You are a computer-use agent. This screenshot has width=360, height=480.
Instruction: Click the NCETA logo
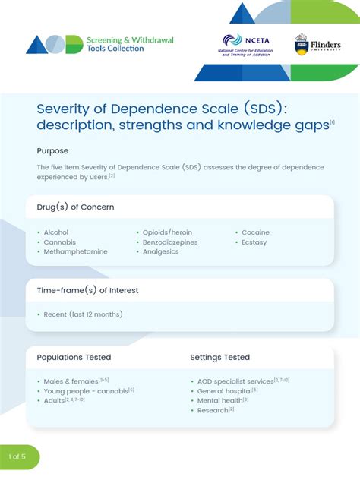tap(242, 46)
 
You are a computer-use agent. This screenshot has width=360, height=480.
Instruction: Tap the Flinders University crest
tap(302, 44)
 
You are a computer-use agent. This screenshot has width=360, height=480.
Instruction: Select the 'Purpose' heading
tap(52, 150)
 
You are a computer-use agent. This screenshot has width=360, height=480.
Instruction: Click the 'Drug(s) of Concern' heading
tap(75, 207)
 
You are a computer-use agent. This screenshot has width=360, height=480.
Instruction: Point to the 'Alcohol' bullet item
tap(55, 232)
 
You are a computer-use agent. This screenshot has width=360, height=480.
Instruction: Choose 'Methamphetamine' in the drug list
tap(75, 251)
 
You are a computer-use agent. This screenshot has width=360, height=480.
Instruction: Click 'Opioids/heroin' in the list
tap(167, 232)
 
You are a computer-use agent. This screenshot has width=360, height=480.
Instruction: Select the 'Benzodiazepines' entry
tap(170, 242)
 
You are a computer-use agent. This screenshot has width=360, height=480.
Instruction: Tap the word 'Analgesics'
tap(161, 251)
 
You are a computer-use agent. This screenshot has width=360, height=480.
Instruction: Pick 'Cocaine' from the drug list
tap(255, 232)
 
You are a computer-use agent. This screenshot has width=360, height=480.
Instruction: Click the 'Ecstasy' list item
tap(255, 242)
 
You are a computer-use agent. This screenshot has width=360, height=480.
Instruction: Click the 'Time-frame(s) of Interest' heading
tap(87, 290)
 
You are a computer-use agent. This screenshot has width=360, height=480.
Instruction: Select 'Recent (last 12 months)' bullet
tap(83, 314)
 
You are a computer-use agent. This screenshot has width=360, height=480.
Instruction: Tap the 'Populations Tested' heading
tap(74, 357)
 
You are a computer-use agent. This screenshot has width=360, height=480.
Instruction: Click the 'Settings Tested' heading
tap(219, 357)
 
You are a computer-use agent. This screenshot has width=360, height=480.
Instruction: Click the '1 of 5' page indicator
tap(17, 456)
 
